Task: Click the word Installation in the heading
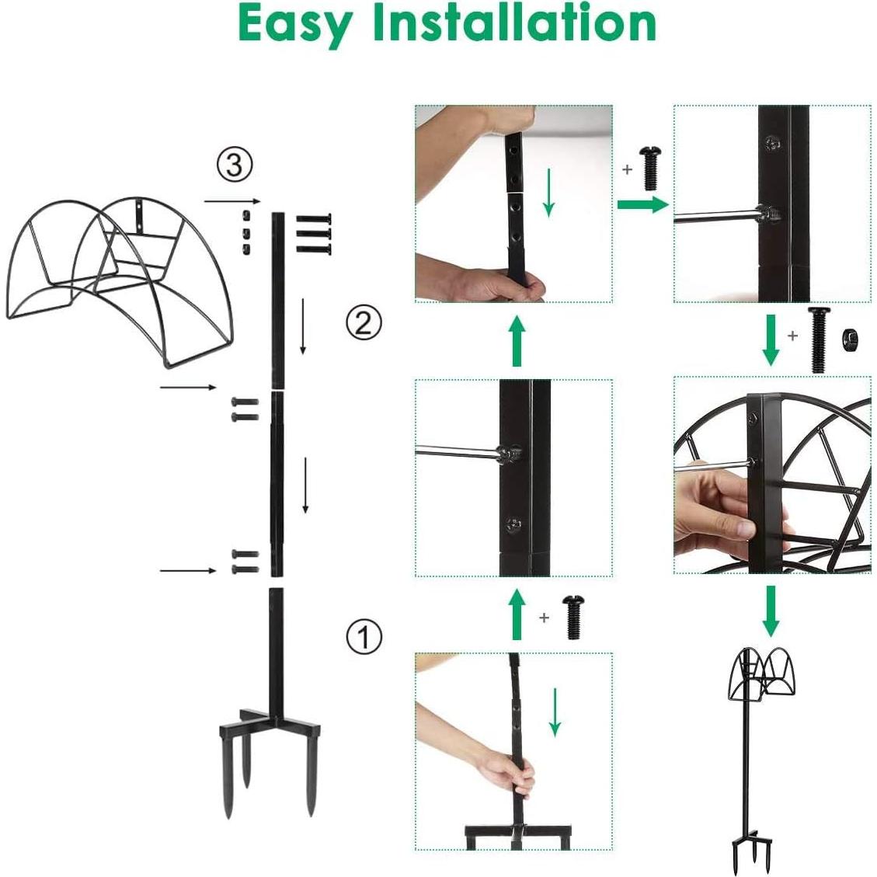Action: tap(515, 23)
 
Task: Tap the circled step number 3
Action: tap(234, 165)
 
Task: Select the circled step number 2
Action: tap(364, 322)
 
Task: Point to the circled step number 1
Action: tap(364, 637)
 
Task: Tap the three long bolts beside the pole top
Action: tap(314, 233)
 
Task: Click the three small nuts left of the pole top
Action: tap(245, 231)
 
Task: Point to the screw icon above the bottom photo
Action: tap(573, 617)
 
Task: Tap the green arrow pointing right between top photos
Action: tap(642, 204)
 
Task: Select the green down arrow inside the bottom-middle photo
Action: tap(555, 711)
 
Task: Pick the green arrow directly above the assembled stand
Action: tap(770, 611)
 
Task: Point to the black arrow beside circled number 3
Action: tap(227, 201)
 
